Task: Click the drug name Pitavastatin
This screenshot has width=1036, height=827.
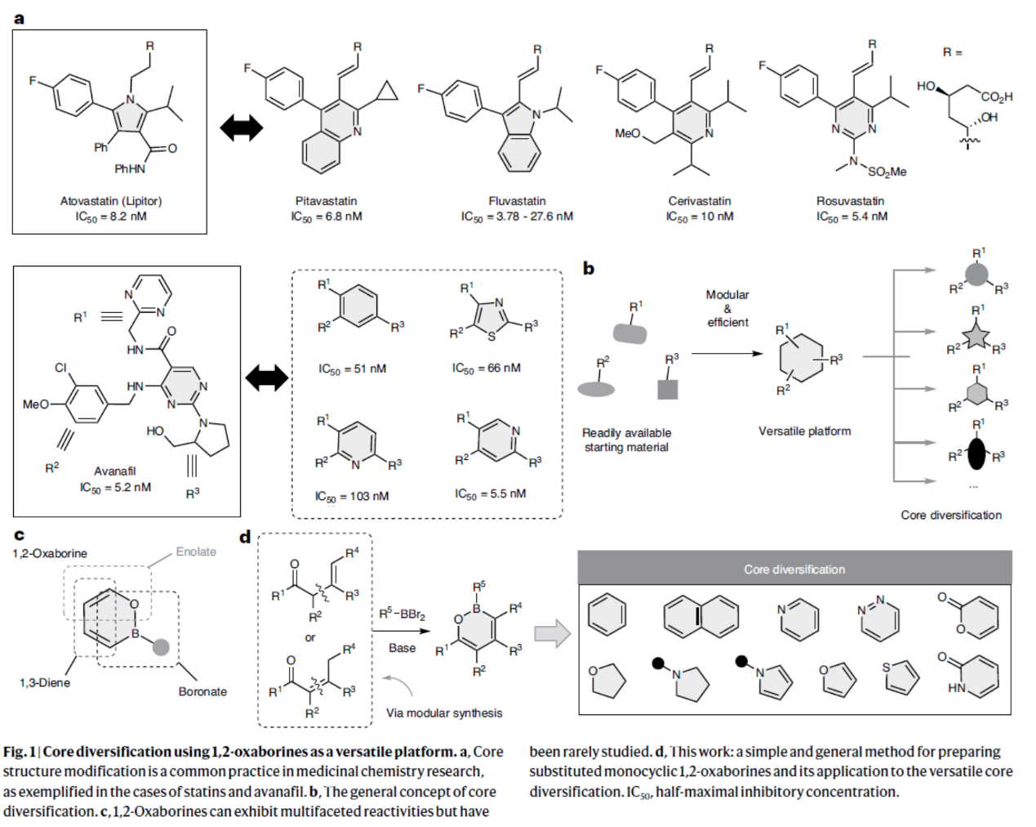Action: point(326,201)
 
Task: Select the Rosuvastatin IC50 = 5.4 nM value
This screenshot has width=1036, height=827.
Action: point(851,217)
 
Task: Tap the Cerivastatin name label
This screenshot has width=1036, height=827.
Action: point(700,201)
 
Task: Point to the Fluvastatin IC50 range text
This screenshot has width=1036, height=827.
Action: point(517,217)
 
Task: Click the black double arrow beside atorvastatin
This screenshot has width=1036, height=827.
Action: point(242,127)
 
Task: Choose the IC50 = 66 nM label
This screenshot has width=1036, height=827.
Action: point(486,369)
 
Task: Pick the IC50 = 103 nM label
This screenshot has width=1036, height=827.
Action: point(352,496)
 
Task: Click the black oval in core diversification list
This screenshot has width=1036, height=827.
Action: point(976,454)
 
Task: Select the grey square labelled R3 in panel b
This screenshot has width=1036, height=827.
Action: point(668,388)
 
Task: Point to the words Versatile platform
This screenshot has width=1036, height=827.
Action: point(804,431)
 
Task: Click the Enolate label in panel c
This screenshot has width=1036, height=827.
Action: point(196,552)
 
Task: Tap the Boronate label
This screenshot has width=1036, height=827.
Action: point(202,691)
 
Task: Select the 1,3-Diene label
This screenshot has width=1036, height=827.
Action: point(45,682)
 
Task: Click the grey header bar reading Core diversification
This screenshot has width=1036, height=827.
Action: point(794,569)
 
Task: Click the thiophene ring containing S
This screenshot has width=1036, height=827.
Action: point(901,677)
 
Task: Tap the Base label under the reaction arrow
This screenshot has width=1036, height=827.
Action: point(402,648)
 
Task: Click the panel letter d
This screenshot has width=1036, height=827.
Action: point(245,538)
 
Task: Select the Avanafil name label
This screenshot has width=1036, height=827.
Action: point(115,472)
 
